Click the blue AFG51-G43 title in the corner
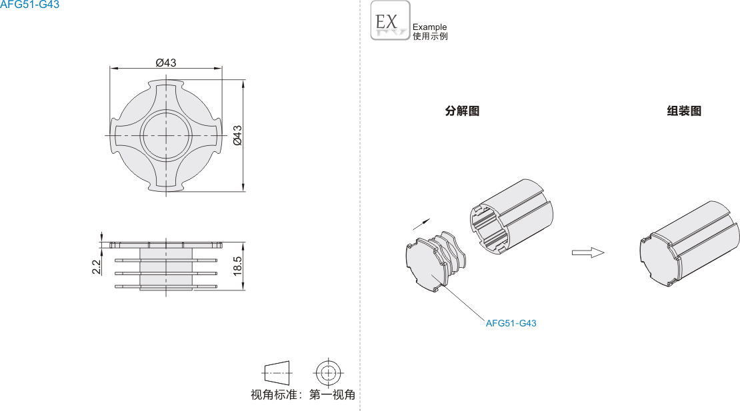[x=30, y=5]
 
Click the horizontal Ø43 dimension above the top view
[x=165, y=63]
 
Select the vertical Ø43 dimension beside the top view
[x=237, y=135]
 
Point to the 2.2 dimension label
[x=96, y=266]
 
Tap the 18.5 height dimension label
[x=237, y=266]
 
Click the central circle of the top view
[x=166, y=136]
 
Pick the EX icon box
[x=390, y=20]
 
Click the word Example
[x=429, y=27]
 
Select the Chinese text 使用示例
[x=430, y=36]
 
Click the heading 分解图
[x=462, y=111]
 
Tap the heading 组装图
[x=684, y=111]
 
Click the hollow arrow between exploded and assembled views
[x=588, y=252]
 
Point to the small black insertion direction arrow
[x=421, y=224]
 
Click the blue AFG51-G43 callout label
[x=511, y=323]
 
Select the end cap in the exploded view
[x=435, y=261]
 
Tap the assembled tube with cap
[x=690, y=244]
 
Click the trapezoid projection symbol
[x=277, y=373]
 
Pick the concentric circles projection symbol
[x=327, y=373]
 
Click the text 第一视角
[x=332, y=394]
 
